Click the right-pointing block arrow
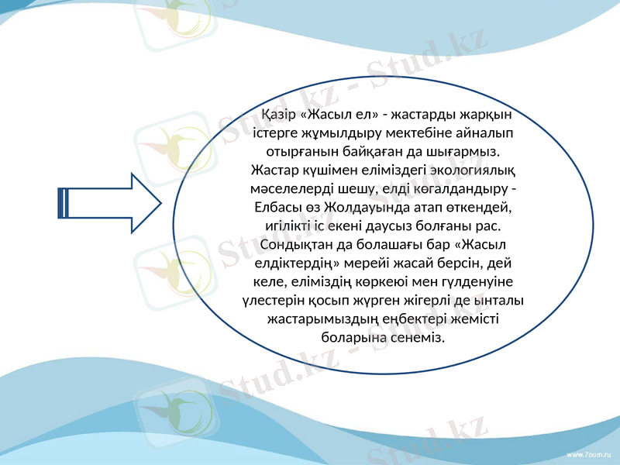109,203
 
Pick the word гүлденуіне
477,281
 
